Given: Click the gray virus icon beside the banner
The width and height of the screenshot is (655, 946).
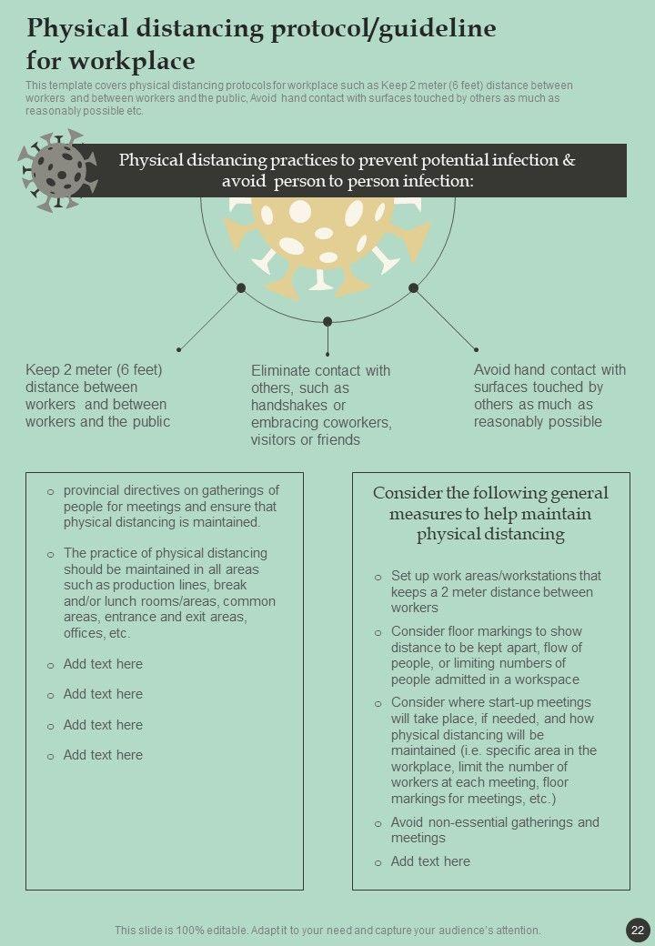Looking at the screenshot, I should click(x=56, y=170).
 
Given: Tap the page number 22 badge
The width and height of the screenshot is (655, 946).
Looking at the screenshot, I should click(x=637, y=930).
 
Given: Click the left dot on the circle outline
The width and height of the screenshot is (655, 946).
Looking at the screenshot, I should click(x=241, y=288).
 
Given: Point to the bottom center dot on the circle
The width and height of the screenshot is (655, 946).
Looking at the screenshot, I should click(x=327, y=320).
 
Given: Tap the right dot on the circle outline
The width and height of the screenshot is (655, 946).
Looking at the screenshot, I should click(x=413, y=288).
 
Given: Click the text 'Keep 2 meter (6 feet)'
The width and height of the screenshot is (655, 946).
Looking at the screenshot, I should click(x=94, y=370).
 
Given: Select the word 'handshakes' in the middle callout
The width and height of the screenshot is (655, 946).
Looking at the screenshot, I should click(x=286, y=406).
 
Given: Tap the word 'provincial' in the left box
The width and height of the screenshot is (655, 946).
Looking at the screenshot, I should click(x=96, y=489).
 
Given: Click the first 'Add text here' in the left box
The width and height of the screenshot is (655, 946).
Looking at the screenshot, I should click(x=103, y=664).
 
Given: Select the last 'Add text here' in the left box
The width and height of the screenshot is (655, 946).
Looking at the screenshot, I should click(x=103, y=755).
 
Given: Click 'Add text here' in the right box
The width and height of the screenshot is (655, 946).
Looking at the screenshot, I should click(x=430, y=861).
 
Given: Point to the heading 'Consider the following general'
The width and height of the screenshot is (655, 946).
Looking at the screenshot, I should click(x=490, y=494).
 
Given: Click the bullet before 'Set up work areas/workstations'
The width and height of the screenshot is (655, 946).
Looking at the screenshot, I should click(x=378, y=577).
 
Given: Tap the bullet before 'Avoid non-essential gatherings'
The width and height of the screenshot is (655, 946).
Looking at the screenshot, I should click(x=378, y=823).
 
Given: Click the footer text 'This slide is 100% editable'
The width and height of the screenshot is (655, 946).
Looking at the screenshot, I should click(x=186, y=931).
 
